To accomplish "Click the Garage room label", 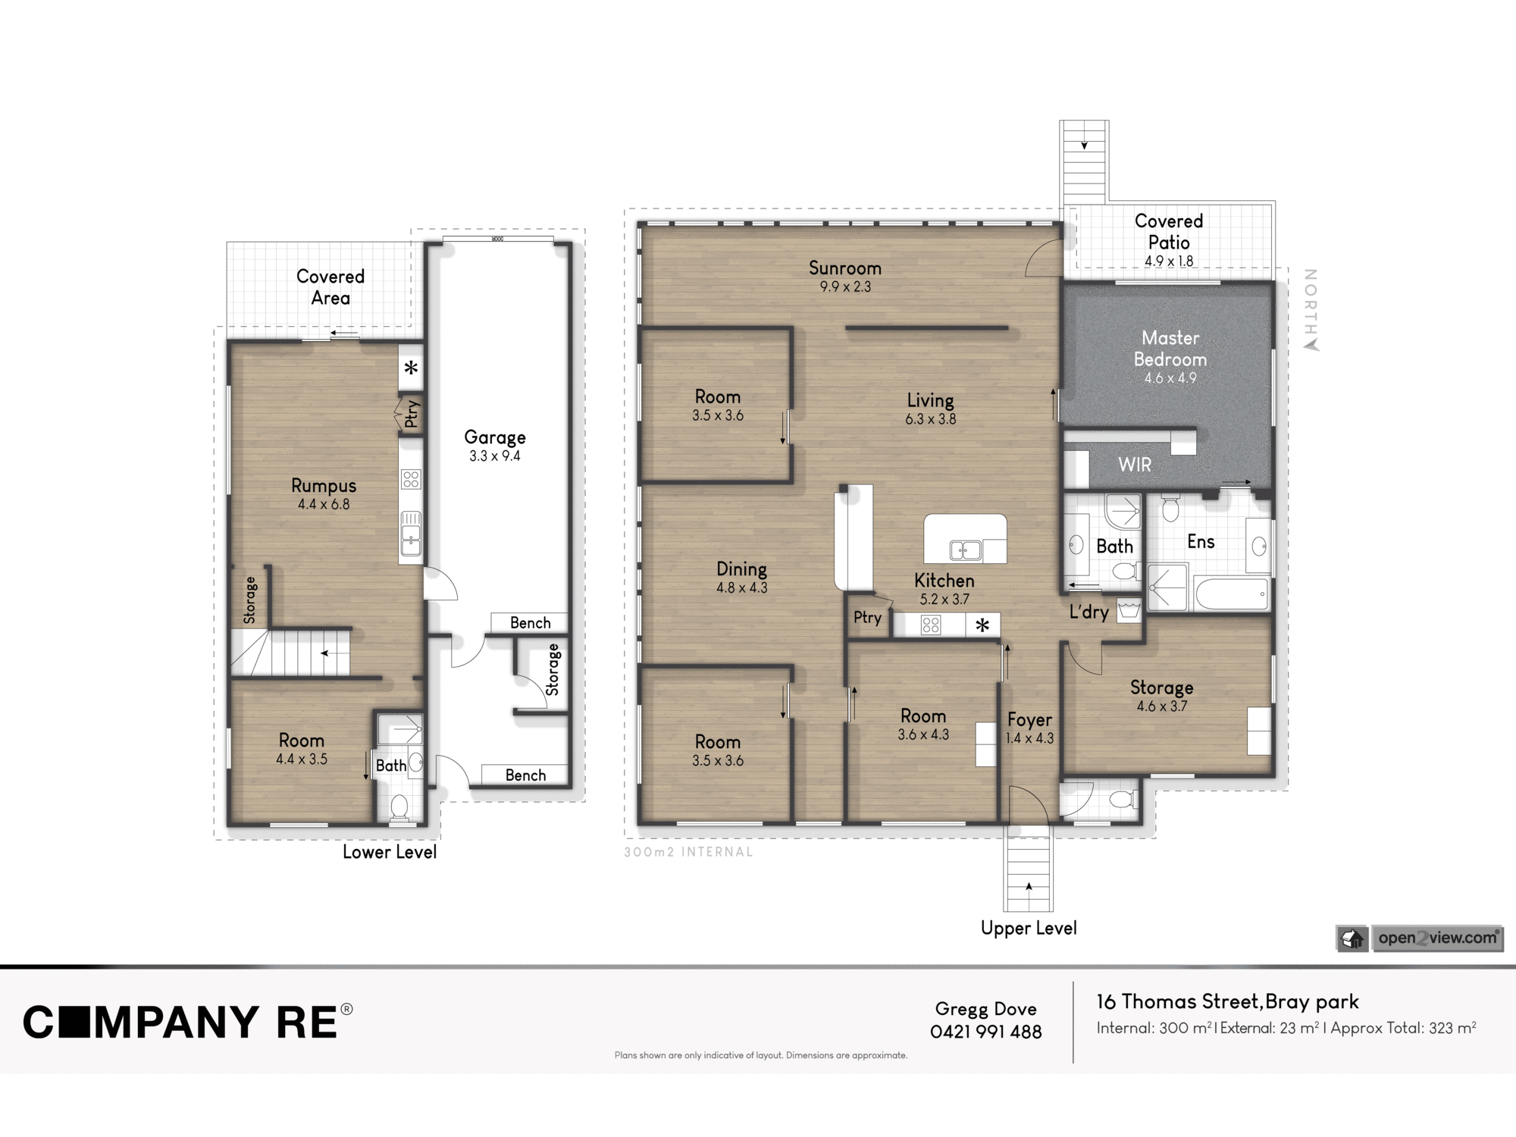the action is (495, 437).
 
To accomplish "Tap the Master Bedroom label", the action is (1170, 349).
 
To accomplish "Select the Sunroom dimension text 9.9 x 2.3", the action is (845, 287).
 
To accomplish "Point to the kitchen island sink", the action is (966, 550).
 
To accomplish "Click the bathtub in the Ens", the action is (1232, 594).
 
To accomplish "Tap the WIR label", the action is (1135, 465).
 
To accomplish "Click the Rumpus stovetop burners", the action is (411, 479).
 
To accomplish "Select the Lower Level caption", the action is (390, 852).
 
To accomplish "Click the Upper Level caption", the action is (1029, 929).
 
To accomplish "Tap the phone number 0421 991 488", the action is (986, 1032).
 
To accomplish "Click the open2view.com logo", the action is (1419, 938).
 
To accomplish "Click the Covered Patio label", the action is (1169, 232).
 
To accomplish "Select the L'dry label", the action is (1089, 612).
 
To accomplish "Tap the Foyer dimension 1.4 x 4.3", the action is (1029, 738).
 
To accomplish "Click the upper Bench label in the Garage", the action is (530, 623).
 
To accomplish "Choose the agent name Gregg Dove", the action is (986, 1009).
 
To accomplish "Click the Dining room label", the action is (742, 569).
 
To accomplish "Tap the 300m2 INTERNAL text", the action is (688, 852).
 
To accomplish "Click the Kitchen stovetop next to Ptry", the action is (931, 625).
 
